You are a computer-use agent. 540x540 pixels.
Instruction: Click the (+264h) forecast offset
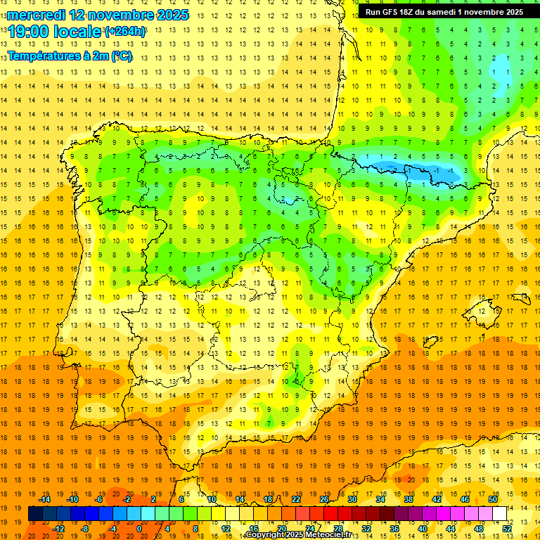(125, 32)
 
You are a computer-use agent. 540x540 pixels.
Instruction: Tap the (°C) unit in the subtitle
(122, 55)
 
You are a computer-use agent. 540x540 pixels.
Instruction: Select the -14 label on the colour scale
(46, 499)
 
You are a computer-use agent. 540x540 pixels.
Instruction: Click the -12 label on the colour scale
(58, 529)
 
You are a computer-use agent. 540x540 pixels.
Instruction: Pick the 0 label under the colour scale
(139, 529)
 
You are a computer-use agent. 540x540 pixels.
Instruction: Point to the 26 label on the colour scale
(324, 499)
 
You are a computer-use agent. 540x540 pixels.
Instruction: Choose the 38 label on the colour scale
(408, 499)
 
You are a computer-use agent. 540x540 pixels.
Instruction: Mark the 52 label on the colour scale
(507, 529)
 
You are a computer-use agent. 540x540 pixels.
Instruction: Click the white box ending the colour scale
(499, 513)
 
